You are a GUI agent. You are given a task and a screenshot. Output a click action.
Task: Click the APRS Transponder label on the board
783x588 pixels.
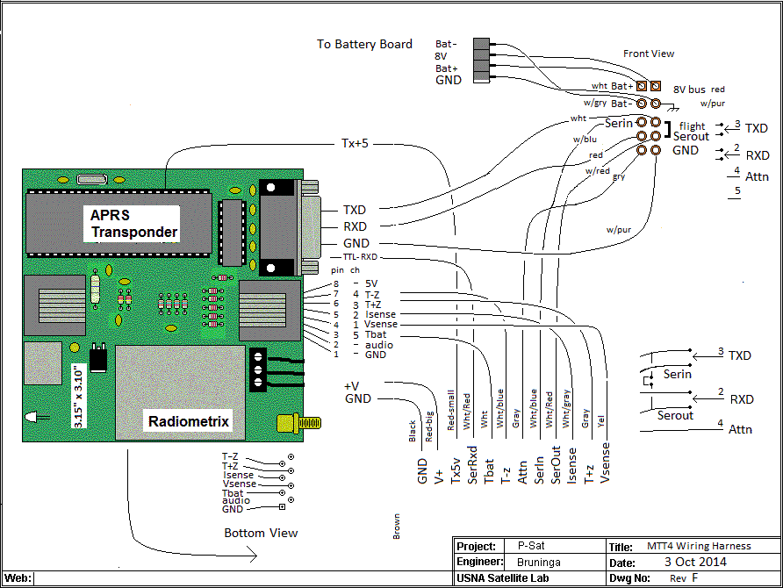pos(134,224)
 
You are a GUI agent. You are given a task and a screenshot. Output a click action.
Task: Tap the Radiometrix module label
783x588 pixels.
pos(189,422)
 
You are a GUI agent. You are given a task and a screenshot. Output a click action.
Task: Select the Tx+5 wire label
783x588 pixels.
pos(355,143)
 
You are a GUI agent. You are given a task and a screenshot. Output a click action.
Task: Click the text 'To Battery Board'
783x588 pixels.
pos(364,44)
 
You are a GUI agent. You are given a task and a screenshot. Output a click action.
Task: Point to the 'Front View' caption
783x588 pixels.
pos(649,54)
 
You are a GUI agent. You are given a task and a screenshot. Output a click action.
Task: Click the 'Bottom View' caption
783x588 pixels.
pos(261,533)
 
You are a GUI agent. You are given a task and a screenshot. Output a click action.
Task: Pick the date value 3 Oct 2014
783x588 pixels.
pos(695,562)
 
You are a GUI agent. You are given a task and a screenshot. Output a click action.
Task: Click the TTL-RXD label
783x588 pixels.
pos(360,257)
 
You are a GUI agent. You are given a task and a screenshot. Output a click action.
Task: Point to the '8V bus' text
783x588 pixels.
pos(689,90)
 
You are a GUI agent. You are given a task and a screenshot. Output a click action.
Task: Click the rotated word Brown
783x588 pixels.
pos(397,525)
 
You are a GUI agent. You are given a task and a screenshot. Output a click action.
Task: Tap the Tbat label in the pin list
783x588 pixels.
pos(376,334)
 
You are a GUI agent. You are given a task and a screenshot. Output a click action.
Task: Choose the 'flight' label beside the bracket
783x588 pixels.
pos(693,126)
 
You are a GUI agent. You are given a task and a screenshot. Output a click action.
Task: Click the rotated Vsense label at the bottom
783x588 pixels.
pos(606,464)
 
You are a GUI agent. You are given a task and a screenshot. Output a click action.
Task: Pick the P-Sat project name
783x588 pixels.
pos(531,547)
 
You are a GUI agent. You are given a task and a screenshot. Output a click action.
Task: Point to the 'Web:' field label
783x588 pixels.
pos(18,578)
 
